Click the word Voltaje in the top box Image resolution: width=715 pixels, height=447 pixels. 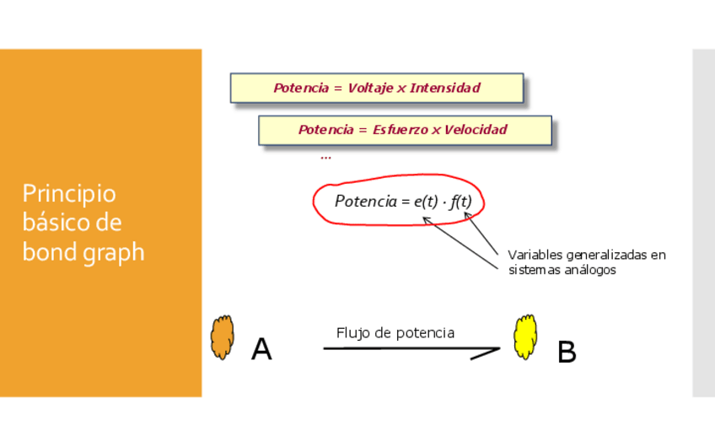(370, 88)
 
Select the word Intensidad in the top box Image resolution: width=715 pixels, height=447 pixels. (445, 88)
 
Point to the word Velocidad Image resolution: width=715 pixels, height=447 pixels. (476, 130)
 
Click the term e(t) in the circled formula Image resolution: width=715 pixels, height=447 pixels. (419, 202)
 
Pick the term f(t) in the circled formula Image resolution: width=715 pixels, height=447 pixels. (460, 202)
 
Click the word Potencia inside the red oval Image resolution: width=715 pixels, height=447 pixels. (364, 202)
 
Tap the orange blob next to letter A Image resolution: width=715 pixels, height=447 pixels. (222, 337)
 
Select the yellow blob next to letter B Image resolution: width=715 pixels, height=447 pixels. (525, 337)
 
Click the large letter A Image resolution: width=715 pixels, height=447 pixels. (261, 349)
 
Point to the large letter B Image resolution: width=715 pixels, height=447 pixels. (567, 353)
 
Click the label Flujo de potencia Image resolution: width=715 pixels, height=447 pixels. (395, 333)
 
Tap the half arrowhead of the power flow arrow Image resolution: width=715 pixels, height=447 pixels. (486, 353)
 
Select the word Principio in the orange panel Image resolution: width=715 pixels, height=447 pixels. (69, 194)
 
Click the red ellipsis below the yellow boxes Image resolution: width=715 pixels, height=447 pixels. (325, 157)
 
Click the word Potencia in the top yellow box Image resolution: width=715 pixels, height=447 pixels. (299, 88)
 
